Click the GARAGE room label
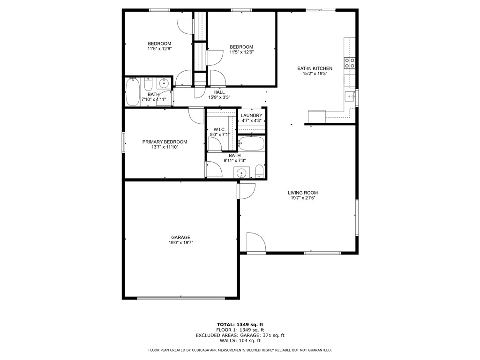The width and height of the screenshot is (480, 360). coord(180,237)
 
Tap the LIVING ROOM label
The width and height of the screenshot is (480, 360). coord(303,193)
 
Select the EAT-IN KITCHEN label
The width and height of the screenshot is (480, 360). coord(315,68)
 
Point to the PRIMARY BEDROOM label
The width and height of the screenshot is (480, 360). coord(165,142)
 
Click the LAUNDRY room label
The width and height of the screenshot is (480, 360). coord(251,115)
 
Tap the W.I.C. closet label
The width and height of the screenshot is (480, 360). coord(220,129)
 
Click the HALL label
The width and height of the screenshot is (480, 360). coord(219,92)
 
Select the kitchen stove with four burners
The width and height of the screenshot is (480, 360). coord(350,63)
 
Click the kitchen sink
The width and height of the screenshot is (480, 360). coord(350,97)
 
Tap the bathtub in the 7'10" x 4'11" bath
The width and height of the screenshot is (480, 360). coord(133,92)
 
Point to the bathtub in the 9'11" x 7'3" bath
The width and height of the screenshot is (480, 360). coord(251,143)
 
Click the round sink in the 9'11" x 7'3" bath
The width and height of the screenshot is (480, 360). coord(242,172)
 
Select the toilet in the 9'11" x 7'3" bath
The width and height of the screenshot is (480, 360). coord(259,172)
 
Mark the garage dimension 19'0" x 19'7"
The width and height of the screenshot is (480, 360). coord(180,243)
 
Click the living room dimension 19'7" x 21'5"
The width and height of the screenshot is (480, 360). coord(303,198)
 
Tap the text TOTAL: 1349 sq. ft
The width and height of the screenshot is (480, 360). coord(240,324)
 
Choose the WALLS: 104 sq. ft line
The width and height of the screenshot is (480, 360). coord(240,340)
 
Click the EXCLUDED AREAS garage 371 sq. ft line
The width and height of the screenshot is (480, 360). coord(240,335)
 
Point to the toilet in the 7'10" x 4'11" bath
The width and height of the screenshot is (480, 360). coord(149,84)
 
